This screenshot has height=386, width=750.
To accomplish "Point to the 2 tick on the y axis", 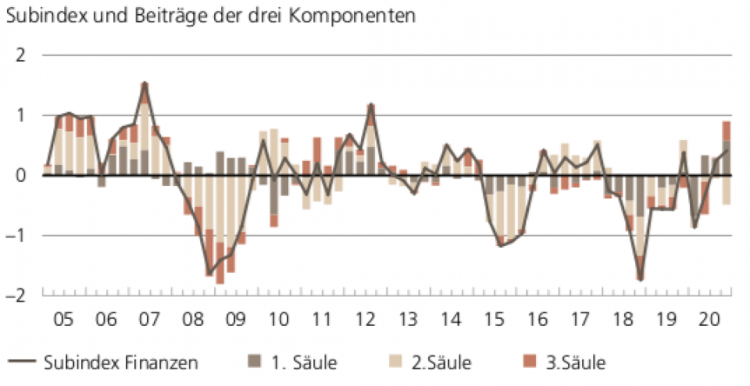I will point(21,55).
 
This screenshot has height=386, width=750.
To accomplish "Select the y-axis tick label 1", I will point(21,116).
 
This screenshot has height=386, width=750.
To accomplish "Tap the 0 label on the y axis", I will point(21,176).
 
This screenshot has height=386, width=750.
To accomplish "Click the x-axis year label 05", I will point(64,320).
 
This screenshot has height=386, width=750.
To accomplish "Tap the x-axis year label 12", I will point(365,320).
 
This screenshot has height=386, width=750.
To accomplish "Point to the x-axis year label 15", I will point(494,320).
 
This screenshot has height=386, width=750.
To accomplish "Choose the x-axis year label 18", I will point(623,320).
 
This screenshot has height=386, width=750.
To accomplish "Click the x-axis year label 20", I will point(709,320).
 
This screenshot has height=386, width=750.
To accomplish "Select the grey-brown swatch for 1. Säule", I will point(255,361).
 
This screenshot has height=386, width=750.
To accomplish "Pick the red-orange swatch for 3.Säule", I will point(530,361).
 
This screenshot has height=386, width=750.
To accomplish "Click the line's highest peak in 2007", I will point(145,83).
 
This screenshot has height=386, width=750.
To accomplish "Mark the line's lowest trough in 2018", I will point(640,279).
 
